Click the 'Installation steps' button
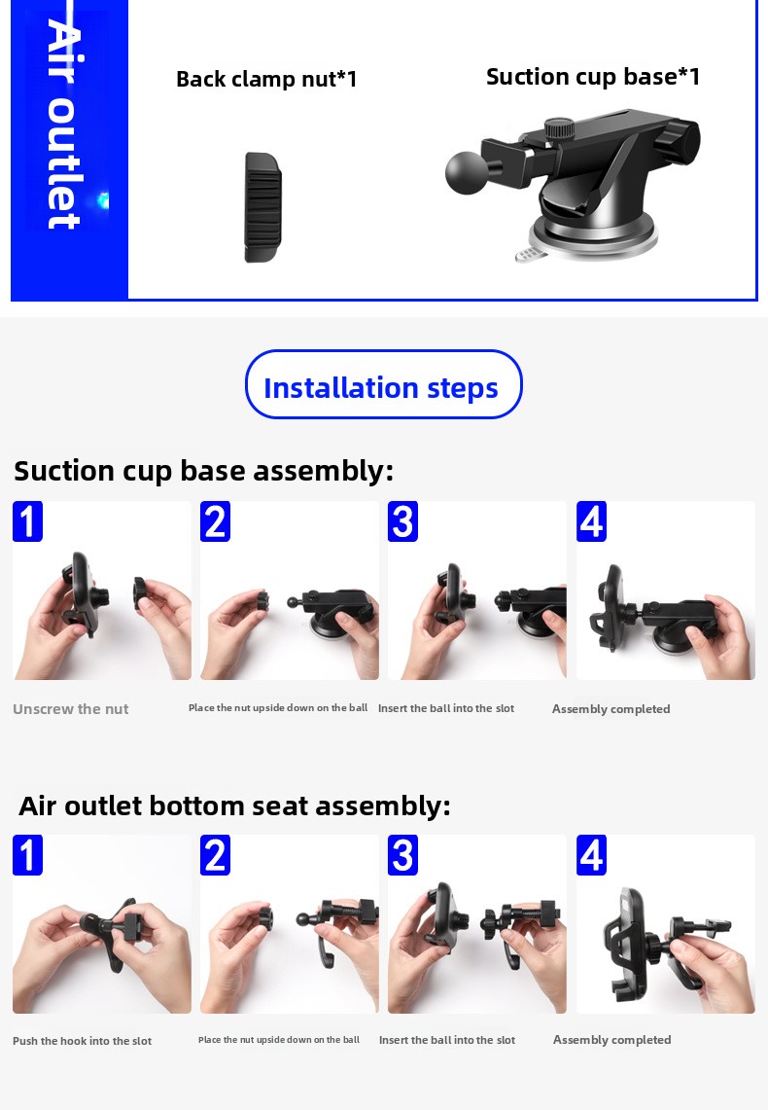[383, 384]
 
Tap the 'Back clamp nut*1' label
[266, 79]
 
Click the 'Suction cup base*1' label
[593, 77]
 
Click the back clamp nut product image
[263, 206]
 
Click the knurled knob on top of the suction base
[559, 128]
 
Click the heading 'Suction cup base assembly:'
[204, 471]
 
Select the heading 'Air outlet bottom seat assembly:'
[235, 806]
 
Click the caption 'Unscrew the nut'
[71, 708]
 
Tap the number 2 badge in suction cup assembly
[215, 521]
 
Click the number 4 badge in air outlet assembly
[591, 854]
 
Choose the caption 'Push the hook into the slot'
[82, 1041]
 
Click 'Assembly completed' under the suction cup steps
[611, 708]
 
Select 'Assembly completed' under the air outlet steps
[611, 1039]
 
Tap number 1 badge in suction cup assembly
[27, 521]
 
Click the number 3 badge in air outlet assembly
[403, 854]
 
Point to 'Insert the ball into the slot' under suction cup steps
[446, 708]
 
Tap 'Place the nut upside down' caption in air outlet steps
[279, 1039]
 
